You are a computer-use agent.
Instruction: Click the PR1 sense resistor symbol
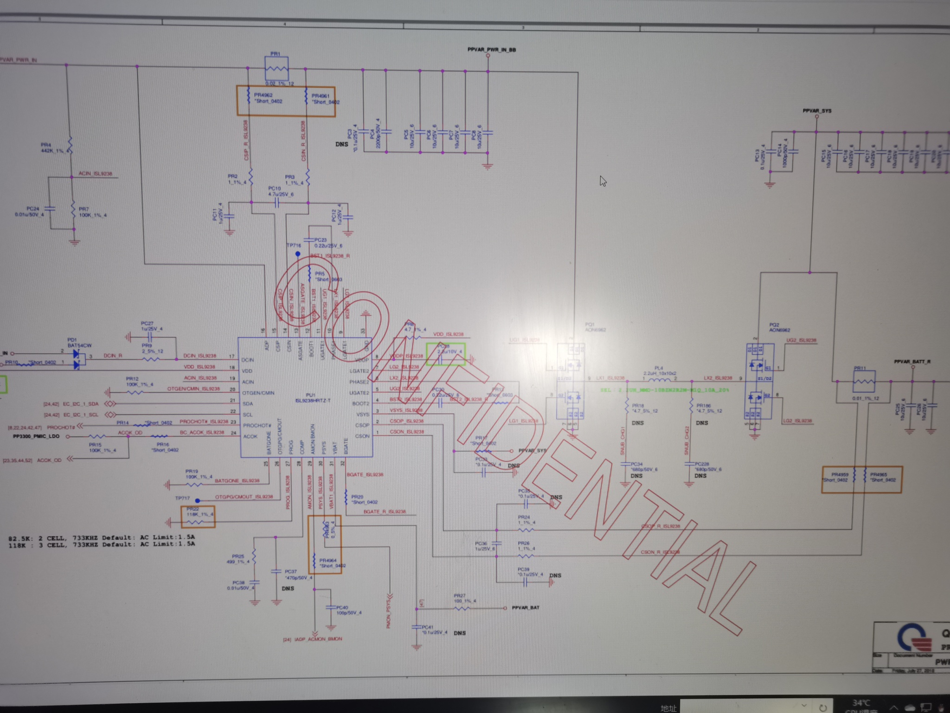(x=276, y=69)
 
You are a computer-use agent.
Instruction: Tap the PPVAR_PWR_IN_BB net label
(x=491, y=50)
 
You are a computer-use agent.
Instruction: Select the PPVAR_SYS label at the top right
(x=817, y=111)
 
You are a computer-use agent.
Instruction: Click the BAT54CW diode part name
(x=79, y=345)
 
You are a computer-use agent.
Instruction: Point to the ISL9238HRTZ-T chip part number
(x=313, y=400)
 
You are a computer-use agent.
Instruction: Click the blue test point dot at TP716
(x=298, y=254)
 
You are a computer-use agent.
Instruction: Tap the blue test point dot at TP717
(x=198, y=500)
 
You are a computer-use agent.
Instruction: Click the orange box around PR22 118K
(x=198, y=517)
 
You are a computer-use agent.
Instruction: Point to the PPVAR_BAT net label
(x=526, y=608)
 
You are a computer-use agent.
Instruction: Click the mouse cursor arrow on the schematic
(x=603, y=181)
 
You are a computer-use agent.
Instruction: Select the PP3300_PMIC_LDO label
(x=36, y=436)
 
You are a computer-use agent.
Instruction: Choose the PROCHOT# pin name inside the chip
(x=257, y=425)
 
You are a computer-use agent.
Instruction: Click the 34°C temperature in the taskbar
(x=860, y=703)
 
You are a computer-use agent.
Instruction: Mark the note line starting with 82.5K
(x=102, y=538)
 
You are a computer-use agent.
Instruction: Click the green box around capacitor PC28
(x=445, y=354)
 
